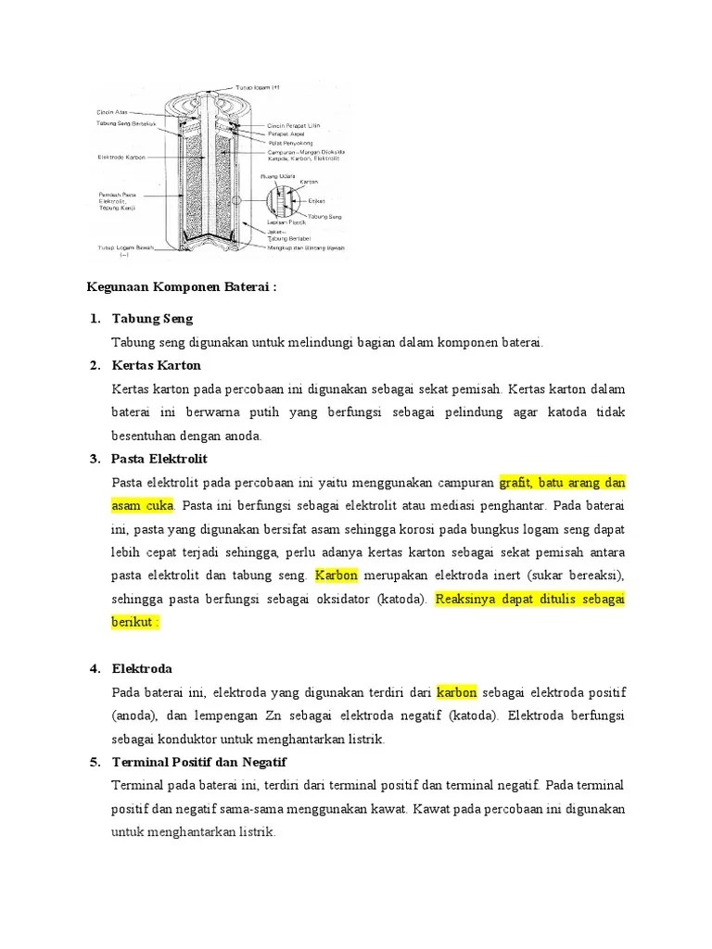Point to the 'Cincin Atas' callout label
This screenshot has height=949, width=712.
click(x=112, y=111)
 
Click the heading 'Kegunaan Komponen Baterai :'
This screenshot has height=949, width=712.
click(x=182, y=287)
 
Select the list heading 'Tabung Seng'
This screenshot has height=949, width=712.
click(x=152, y=319)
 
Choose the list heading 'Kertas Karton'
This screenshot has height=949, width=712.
click(x=156, y=365)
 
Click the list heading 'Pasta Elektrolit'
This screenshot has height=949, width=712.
click(x=159, y=459)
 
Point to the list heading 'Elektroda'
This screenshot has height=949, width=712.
click(x=142, y=669)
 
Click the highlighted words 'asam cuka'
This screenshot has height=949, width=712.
click(x=143, y=506)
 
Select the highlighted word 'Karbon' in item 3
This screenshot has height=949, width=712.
click(x=337, y=576)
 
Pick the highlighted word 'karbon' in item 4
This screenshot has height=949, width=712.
click(x=457, y=692)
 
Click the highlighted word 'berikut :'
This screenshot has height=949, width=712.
click(x=135, y=622)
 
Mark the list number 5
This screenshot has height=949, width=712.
click(x=95, y=762)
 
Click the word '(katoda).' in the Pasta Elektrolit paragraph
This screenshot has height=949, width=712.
click(x=403, y=599)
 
